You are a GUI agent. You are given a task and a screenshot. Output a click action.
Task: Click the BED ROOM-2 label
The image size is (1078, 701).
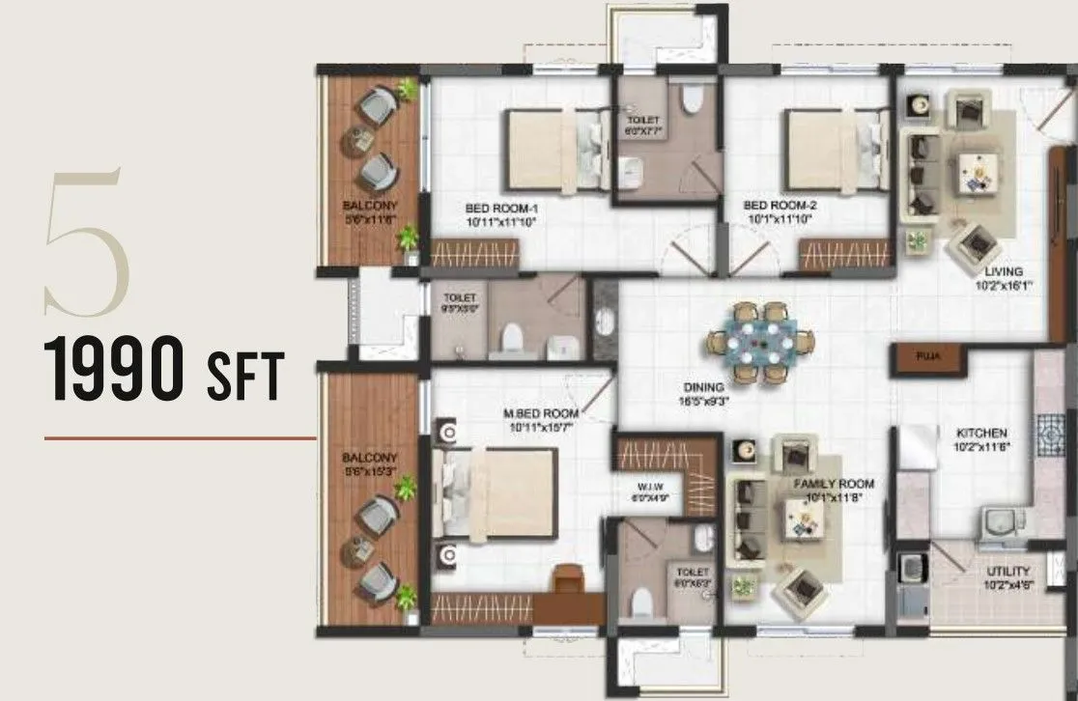click(x=780, y=206)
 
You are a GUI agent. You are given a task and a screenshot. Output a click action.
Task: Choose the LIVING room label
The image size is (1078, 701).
click(x=998, y=272)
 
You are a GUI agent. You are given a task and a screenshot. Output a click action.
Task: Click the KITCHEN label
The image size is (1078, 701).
click(x=982, y=434)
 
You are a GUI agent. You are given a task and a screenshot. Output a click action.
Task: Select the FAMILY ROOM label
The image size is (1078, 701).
click(x=834, y=484)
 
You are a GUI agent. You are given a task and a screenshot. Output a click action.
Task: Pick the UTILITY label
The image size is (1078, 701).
click(x=1007, y=572)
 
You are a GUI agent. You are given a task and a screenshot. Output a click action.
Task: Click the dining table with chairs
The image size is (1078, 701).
click(x=761, y=343)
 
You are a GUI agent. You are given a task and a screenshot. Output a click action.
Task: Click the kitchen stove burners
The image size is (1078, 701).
click(x=1048, y=435)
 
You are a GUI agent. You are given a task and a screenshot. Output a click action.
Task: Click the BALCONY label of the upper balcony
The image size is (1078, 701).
click(x=369, y=206)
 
